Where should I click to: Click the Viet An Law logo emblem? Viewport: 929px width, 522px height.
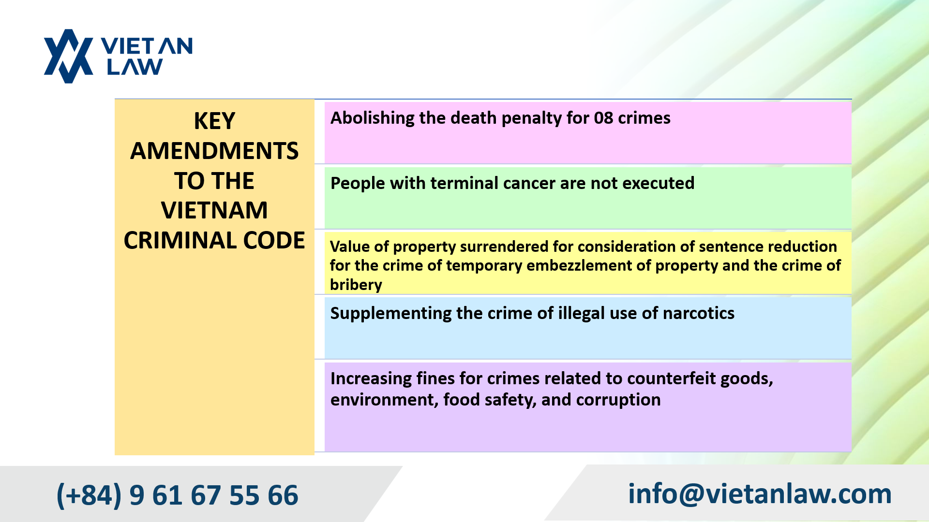click(68, 56)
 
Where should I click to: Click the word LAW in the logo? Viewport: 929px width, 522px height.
click(135, 67)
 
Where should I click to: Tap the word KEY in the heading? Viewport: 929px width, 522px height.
click(214, 121)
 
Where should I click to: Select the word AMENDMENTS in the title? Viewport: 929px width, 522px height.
click(214, 151)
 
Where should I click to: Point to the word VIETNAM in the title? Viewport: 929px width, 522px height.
click(214, 210)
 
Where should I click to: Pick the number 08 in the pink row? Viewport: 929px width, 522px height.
click(603, 118)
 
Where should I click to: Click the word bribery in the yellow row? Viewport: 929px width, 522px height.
click(356, 285)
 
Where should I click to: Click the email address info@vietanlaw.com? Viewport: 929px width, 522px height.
click(759, 493)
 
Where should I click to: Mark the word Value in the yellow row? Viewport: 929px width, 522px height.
click(350, 246)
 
